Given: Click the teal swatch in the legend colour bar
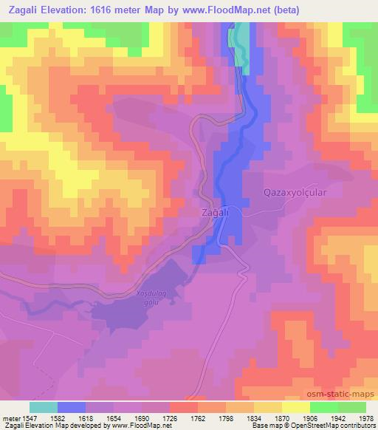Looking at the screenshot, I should click(43, 406).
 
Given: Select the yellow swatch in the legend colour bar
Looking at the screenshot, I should click(295, 406).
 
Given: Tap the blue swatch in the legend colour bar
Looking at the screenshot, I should click(71, 406).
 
